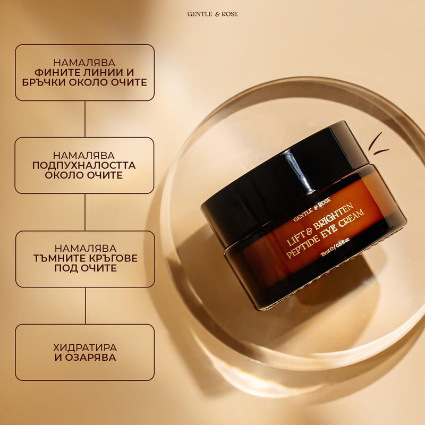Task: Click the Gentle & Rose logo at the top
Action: [212, 14]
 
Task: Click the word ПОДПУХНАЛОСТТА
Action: [84, 165]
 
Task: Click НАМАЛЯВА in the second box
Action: [84, 155]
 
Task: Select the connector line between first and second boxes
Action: [85, 119]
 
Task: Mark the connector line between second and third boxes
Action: [85, 212]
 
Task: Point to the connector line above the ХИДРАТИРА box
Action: [85, 305]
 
